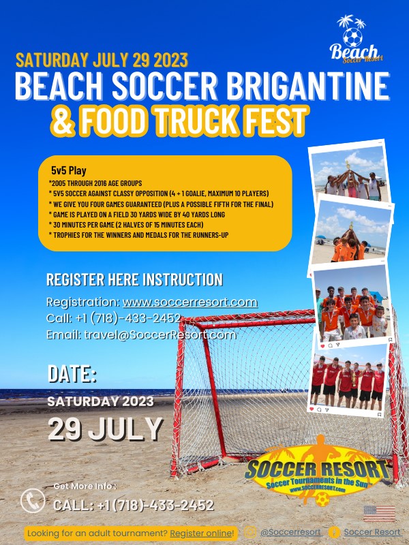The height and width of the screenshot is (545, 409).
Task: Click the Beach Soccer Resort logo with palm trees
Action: tap(355, 40)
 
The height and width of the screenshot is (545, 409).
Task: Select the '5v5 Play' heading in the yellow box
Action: tap(68, 170)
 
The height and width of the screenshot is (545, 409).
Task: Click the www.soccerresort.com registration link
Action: tap(190, 302)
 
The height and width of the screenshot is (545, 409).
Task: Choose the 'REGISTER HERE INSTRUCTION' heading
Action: tap(134, 279)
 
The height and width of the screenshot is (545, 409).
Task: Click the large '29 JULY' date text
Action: tap(105, 429)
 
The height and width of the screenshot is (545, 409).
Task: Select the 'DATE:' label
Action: tap(72, 374)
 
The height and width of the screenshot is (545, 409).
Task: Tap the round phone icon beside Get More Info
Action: tap(32, 501)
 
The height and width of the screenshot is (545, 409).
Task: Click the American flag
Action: tap(379, 512)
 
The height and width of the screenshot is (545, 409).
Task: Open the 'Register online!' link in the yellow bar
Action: tap(202, 533)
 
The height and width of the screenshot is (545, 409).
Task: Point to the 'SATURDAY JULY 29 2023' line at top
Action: tap(102, 60)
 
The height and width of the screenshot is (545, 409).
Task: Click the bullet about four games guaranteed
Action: tap(161, 204)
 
